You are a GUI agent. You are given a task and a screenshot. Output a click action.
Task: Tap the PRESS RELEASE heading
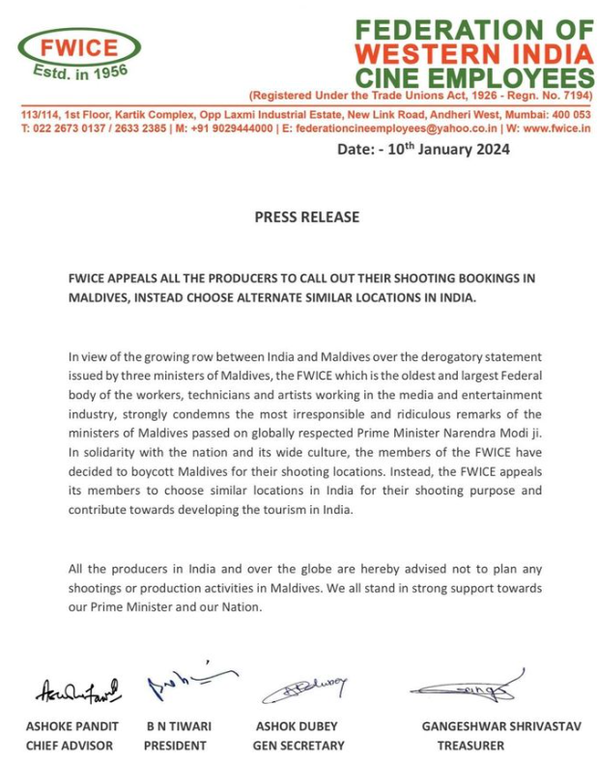click(x=306, y=217)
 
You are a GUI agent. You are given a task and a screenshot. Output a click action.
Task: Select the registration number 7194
click(x=569, y=98)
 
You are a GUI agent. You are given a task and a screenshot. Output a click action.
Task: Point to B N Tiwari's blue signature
click(x=185, y=683)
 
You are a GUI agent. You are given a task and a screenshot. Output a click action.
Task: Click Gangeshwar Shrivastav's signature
click(x=464, y=687)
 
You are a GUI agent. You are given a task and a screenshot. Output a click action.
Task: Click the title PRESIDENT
click(x=175, y=745)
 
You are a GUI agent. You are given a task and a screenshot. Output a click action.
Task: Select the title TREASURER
click(x=470, y=745)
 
